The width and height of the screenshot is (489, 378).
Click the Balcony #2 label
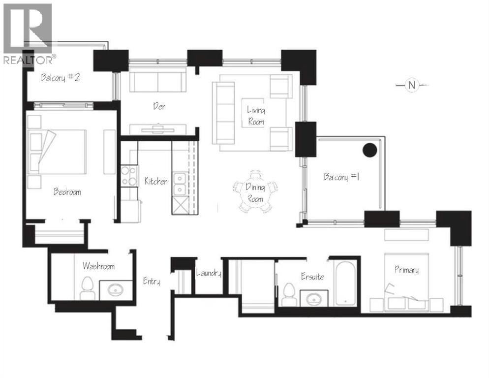pyautogui.click(x=61, y=78)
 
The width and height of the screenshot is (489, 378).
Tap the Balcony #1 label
pyautogui.click(x=341, y=177)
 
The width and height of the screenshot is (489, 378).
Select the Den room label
pyautogui.click(x=158, y=106)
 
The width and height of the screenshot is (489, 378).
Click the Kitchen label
pyautogui.click(x=155, y=181)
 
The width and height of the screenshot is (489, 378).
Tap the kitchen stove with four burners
pyautogui.click(x=129, y=176)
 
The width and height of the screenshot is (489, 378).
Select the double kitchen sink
pyautogui.click(x=180, y=183)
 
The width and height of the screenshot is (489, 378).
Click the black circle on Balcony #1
pyautogui.click(x=369, y=150)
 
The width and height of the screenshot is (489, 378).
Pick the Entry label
pyautogui.click(x=151, y=282)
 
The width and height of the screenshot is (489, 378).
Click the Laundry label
pyautogui.click(x=209, y=273)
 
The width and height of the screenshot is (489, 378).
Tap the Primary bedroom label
pyautogui.click(x=406, y=270)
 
